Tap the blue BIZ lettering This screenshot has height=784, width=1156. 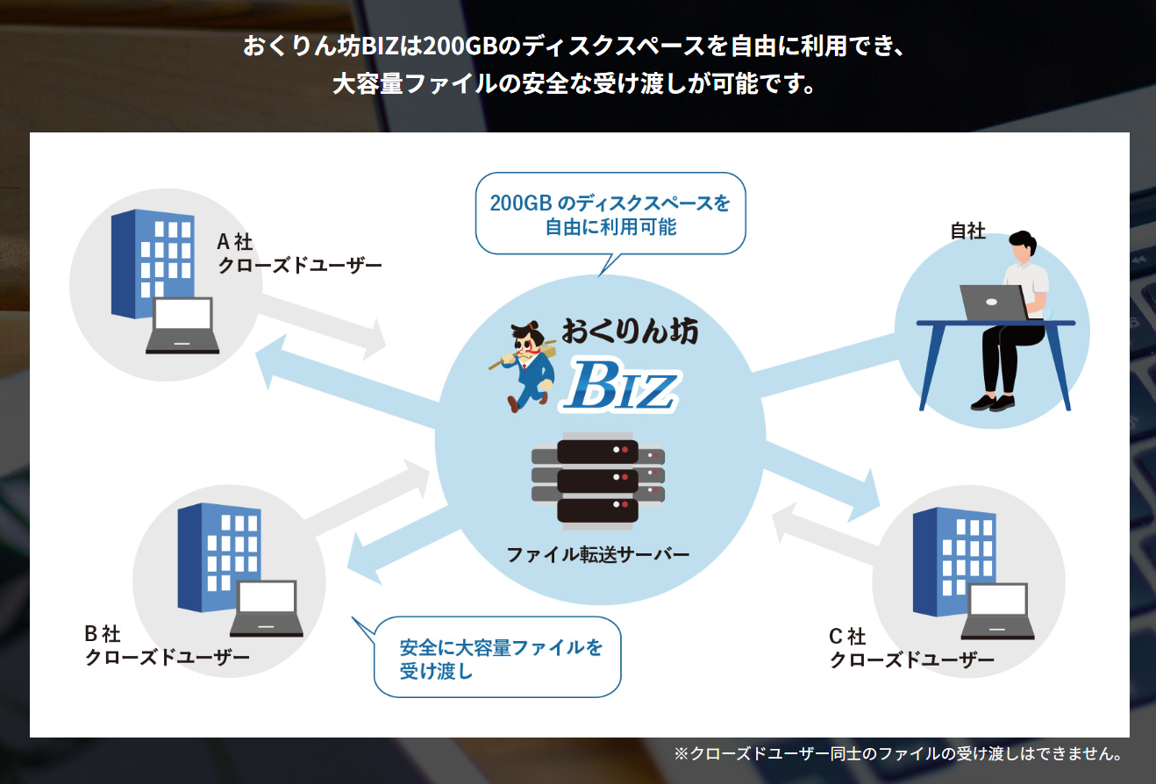[621, 386]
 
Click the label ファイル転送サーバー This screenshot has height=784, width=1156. [597, 555]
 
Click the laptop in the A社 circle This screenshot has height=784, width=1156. [182, 325]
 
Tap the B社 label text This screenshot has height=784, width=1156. [102, 633]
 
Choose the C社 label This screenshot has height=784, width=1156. [846, 636]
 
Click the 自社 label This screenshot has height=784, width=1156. [968, 232]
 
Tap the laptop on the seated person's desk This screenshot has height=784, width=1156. [992, 303]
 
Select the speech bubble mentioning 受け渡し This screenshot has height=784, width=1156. [498, 659]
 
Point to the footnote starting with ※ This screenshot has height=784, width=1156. [898, 753]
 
